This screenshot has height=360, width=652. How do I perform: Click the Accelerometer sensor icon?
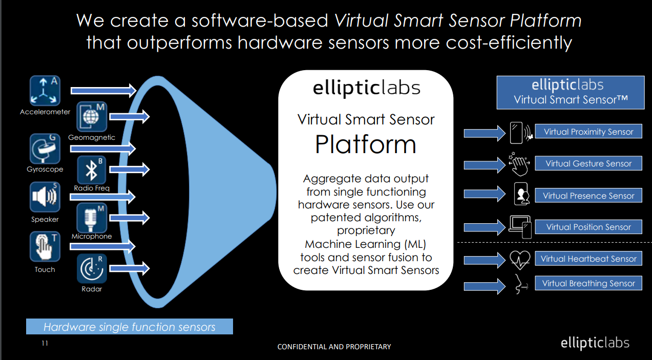(x=45, y=91)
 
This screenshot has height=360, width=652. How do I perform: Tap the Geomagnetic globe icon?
(x=92, y=117)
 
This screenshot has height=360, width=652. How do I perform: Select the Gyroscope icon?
(x=45, y=149)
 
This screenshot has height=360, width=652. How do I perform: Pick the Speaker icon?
(x=45, y=198)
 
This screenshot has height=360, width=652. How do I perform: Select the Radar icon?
(x=92, y=268)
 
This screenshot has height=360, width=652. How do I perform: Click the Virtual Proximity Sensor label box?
(x=588, y=132)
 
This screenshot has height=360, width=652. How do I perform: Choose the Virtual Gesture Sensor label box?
(x=588, y=163)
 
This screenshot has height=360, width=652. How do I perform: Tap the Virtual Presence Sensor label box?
(x=588, y=196)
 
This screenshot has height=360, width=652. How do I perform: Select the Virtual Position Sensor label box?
(x=588, y=227)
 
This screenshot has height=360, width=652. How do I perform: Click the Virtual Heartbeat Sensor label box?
(x=588, y=259)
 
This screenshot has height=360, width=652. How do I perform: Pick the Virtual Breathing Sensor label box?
(x=588, y=283)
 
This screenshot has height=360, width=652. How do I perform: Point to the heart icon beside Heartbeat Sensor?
(x=520, y=260)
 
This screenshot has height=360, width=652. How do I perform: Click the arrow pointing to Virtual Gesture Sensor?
(x=484, y=165)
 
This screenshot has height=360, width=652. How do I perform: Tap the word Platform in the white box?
(x=365, y=145)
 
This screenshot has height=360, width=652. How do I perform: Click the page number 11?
(x=45, y=343)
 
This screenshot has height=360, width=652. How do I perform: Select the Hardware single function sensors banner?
(x=130, y=327)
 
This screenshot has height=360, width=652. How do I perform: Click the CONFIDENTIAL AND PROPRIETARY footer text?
(x=334, y=347)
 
